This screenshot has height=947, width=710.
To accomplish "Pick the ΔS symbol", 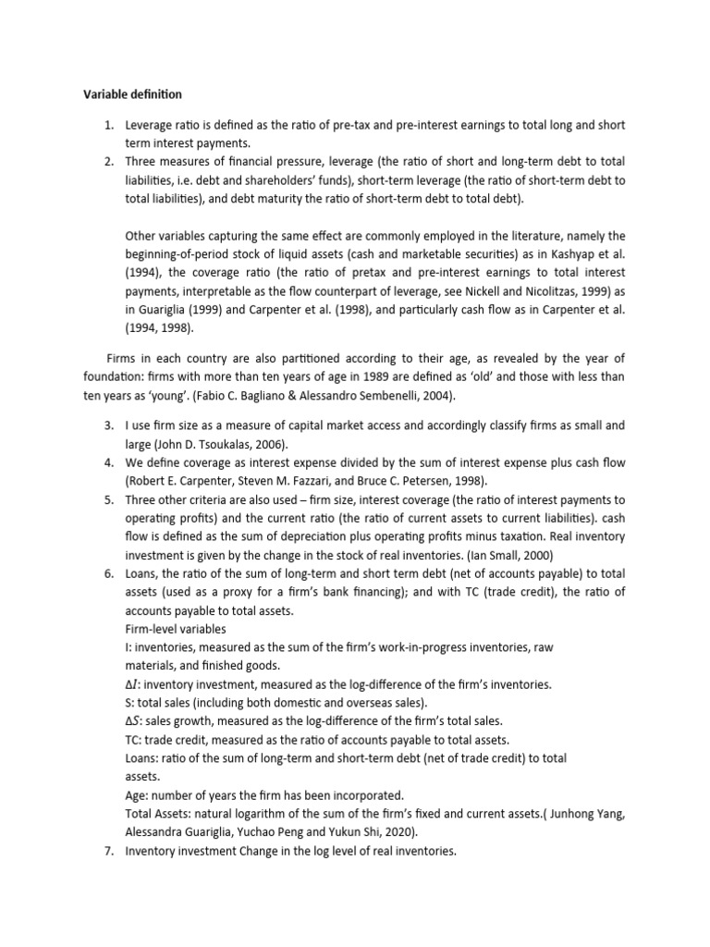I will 133,720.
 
